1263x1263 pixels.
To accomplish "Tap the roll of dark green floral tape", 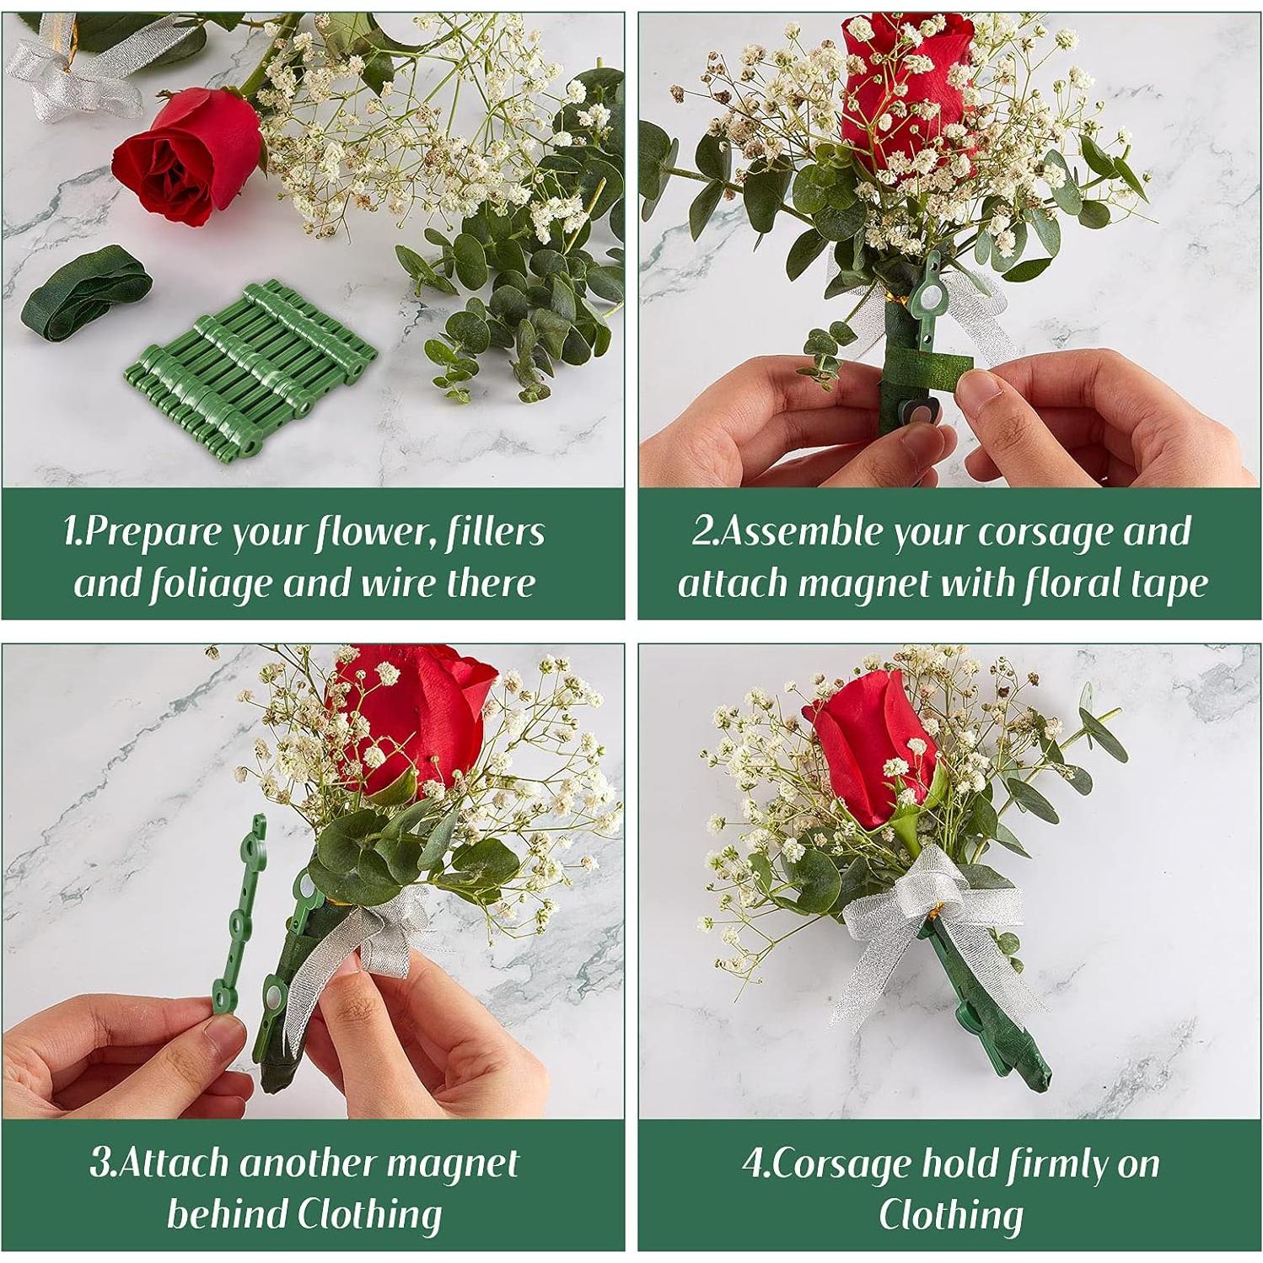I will coord(87,291).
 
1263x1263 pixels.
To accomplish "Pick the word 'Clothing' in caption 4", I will coord(950,1215).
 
